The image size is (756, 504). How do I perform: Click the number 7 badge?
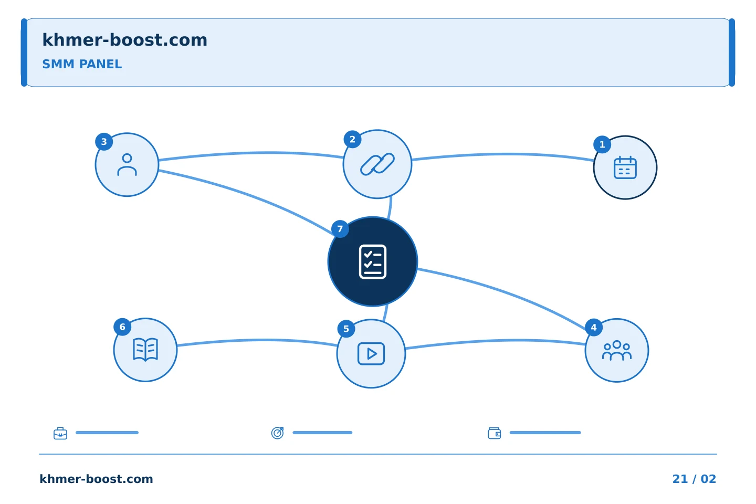coord(340,229)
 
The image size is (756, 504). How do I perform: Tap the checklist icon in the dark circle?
coord(373,261)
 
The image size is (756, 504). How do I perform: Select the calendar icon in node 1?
coord(625,167)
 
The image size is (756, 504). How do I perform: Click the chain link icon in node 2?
coord(377,164)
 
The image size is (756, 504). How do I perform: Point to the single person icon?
coord(127,165)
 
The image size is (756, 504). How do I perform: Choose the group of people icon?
coord(616,350)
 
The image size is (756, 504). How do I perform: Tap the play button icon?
coord(371,354)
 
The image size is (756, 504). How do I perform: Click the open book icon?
coord(145,350)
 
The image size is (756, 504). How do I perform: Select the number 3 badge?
coord(104,142)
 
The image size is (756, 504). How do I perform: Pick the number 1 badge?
coord(602,145)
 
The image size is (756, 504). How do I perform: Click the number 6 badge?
coord(122,327)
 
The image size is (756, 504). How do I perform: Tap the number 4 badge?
coord(594,328)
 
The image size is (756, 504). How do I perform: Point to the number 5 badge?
coord(346,329)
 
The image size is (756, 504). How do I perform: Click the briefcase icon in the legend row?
coord(60,433)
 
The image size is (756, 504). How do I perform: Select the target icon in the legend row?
coord(277,433)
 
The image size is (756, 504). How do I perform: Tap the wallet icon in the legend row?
coord(495,433)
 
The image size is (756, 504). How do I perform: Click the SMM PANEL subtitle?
coord(82,64)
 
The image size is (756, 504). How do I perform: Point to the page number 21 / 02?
coord(694,479)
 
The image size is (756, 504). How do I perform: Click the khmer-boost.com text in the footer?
coord(96,479)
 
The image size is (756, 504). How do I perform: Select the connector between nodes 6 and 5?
coord(257,340)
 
